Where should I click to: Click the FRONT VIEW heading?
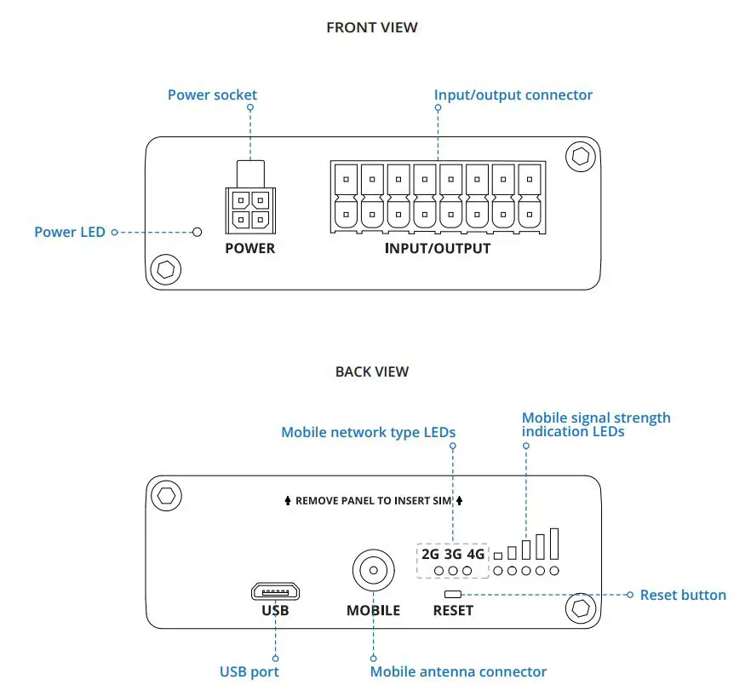[372, 27]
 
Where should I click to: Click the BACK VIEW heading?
[372, 372]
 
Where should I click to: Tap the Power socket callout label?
[212, 95]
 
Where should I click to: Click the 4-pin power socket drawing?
[250, 210]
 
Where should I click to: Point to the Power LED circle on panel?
[198, 232]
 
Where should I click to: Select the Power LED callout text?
[70, 232]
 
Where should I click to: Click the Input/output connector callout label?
[513, 95]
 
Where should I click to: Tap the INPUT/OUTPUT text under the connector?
[438, 249]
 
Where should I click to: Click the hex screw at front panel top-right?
[581, 156]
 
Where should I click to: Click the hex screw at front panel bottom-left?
[165, 270]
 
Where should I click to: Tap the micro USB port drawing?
[275, 591]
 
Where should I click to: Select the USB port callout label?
[249, 671]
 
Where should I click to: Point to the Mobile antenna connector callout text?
[458, 671]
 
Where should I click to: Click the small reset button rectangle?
[453, 594]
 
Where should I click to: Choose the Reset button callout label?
[683, 595]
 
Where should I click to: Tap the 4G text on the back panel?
[475, 554]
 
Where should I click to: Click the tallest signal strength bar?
[553, 543]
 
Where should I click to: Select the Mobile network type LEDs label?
[368, 432]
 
